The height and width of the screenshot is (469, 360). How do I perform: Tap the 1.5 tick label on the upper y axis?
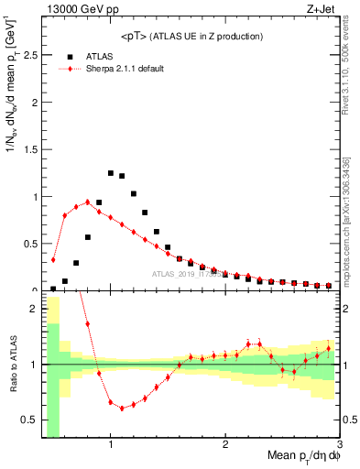[27, 149]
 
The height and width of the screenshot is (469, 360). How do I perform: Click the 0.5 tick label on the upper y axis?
[27, 244]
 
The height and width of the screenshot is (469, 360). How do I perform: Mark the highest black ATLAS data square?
[111, 172]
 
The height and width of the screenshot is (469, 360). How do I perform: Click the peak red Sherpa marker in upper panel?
[87, 202]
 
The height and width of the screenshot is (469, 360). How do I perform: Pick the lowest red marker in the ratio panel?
[122, 409]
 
